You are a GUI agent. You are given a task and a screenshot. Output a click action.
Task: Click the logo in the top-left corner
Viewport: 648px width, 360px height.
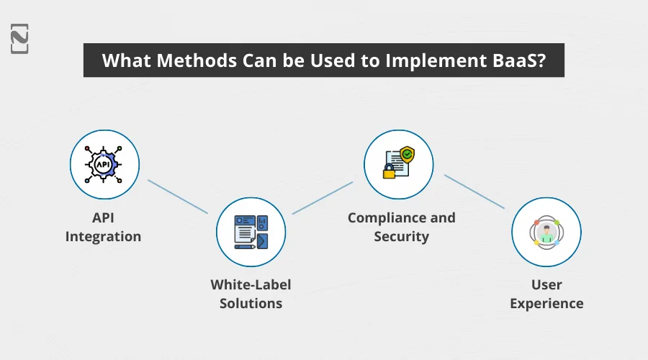(20, 37)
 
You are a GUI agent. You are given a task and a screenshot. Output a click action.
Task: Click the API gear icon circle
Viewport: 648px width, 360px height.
(104, 165)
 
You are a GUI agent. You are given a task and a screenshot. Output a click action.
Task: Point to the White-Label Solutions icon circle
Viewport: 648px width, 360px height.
(251, 233)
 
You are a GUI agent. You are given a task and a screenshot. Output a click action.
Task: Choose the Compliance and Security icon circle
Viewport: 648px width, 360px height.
(398, 165)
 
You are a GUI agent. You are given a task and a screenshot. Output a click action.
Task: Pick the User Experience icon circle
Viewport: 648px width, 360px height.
(546, 233)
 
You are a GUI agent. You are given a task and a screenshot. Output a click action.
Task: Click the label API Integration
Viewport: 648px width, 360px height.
(104, 227)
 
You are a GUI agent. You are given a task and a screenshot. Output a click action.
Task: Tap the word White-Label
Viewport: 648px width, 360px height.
(251, 284)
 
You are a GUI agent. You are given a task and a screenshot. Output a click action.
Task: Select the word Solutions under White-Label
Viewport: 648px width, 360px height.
(251, 303)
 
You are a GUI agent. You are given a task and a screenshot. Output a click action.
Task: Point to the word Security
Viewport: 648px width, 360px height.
(402, 236)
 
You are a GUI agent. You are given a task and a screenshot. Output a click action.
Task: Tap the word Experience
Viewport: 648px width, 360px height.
(546, 303)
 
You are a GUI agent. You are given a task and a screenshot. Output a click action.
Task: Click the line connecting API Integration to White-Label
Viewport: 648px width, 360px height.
(178, 196)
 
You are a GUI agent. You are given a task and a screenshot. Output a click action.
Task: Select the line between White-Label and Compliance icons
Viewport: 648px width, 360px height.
(323, 197)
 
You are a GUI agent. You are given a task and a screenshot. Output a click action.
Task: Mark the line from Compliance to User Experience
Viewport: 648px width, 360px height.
(474, 192)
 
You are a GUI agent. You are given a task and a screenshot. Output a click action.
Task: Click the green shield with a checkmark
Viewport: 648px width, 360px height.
(408, 154)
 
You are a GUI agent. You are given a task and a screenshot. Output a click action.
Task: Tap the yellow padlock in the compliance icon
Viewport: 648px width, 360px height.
(389, 172)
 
